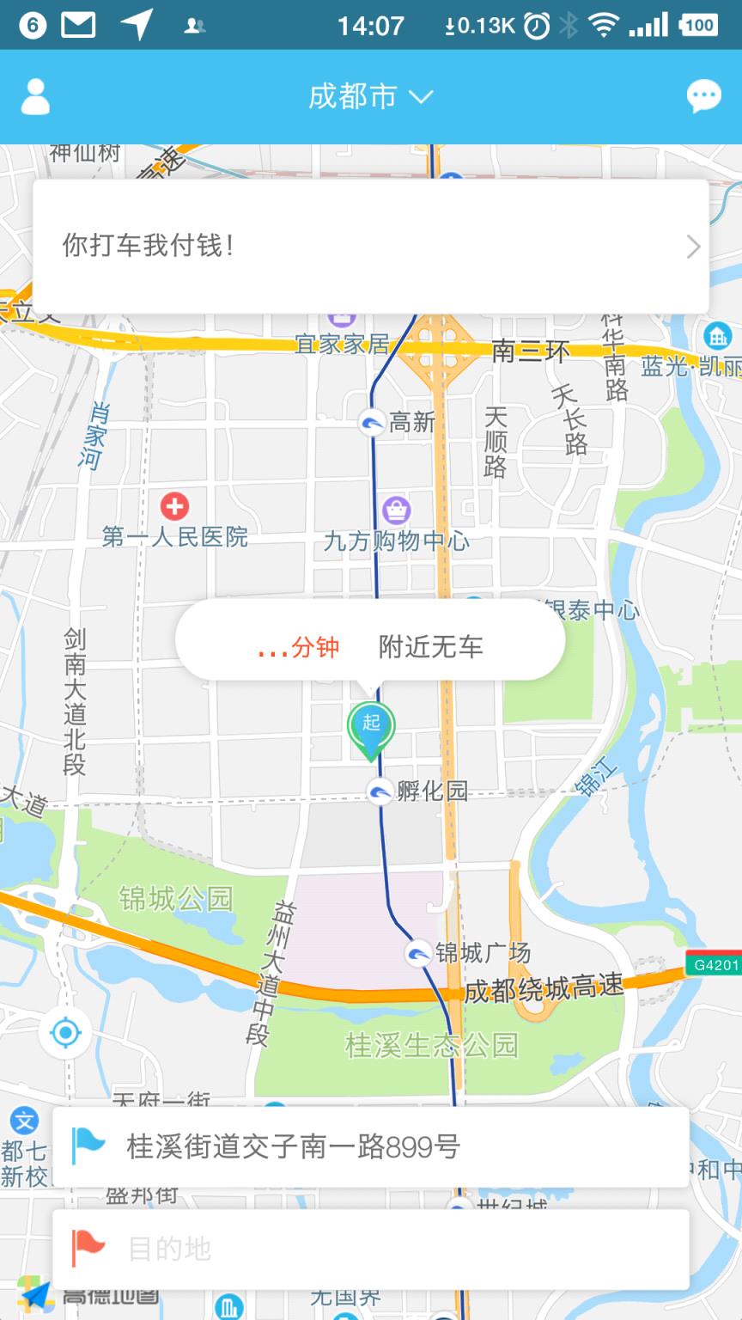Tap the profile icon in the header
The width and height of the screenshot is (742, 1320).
click(x=35, y=97)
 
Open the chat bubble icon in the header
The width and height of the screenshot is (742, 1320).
click(x=704, y=96)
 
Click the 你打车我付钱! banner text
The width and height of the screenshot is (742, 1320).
click(x=148, y=246)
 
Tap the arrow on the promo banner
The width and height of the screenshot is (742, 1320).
click(x=693, y=247)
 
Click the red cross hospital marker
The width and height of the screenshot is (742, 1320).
click(x=174, y=505)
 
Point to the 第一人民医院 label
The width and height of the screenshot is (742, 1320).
click(x=175, y=538)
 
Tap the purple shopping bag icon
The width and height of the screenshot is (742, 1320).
click(x=396, y=510)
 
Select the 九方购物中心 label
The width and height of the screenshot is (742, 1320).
click(x=396, y=541)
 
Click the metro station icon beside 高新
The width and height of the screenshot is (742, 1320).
click(x=372, y=422)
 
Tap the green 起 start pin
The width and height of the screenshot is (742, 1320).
click(x=370, y=727)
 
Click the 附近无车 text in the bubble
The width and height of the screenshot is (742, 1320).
click(x=430, y=646)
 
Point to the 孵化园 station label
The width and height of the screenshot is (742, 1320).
click(x=432, y=790)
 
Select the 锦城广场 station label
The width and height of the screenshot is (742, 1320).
click(x=483, y=953)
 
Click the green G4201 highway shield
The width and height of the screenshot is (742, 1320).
click(x=714, y=964)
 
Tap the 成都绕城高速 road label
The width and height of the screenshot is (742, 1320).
click(x=544, y=989)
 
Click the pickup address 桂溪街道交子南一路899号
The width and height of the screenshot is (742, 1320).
click(x=293, y=1146)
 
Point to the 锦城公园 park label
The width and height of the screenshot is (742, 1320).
click(x=176, y=899)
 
